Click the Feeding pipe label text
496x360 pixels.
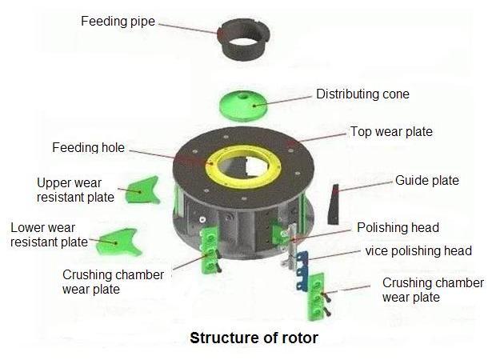coord(118,21)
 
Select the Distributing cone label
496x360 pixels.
coord(362,94)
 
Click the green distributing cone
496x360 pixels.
coord(246,102)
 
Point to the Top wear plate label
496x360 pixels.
coord(391,132)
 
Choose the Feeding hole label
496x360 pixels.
coord(88,148)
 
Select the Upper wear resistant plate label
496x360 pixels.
coord(75,189)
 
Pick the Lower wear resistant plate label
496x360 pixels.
coord(49,234)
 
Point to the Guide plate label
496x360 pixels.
coord(427,180)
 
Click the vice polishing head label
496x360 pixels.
coord(418,250)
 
